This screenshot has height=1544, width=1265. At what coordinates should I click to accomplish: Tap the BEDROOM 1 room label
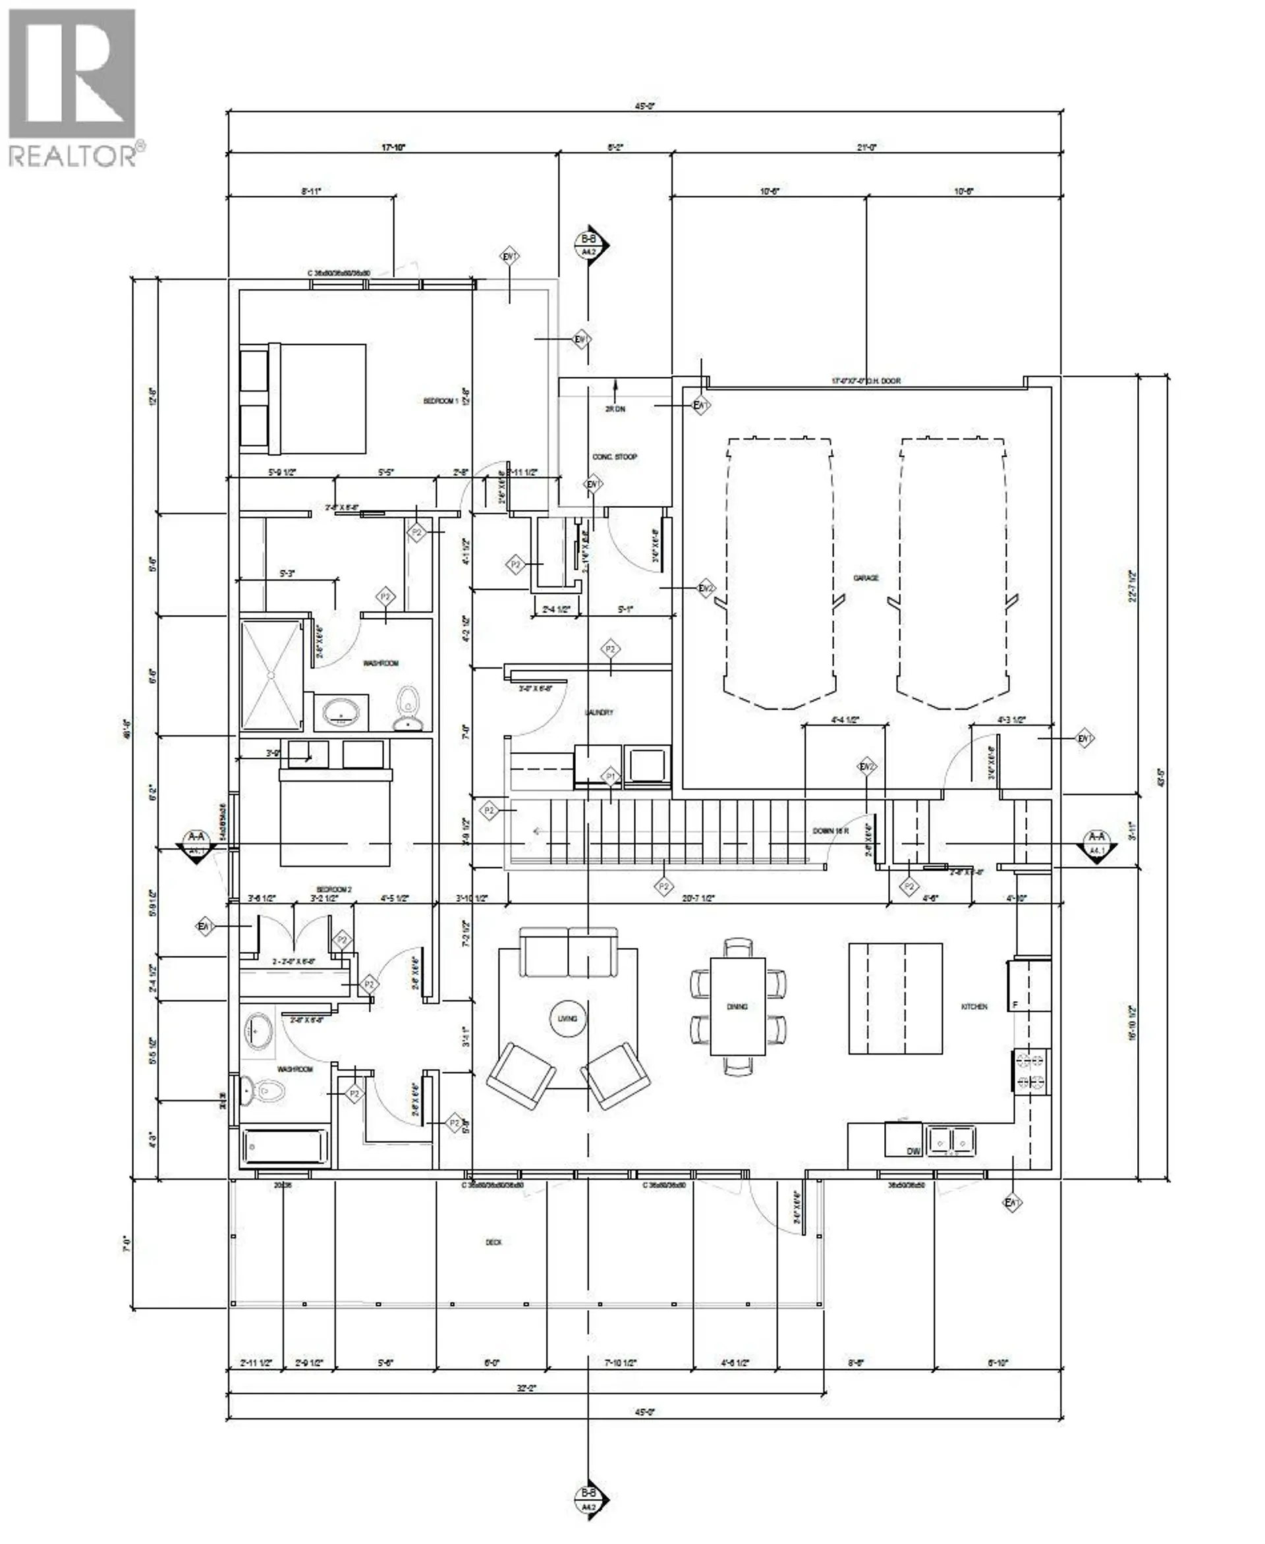441,400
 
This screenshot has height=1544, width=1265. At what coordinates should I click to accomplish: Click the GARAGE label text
866,578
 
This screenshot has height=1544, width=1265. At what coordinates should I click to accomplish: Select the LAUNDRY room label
599,712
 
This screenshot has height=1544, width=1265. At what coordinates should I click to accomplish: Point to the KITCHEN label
974,1006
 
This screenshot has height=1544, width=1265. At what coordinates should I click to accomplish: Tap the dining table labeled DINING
737,1006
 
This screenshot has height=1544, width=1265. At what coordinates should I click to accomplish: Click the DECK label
493,1242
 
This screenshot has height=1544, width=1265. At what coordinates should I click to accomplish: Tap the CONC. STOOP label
614,457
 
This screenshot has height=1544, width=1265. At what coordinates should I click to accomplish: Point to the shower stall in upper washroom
270,674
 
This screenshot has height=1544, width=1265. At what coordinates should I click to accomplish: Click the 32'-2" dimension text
526,1389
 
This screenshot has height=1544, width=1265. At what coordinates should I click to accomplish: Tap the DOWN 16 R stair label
831,831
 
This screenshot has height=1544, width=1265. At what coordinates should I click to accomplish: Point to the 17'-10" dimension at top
393,147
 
